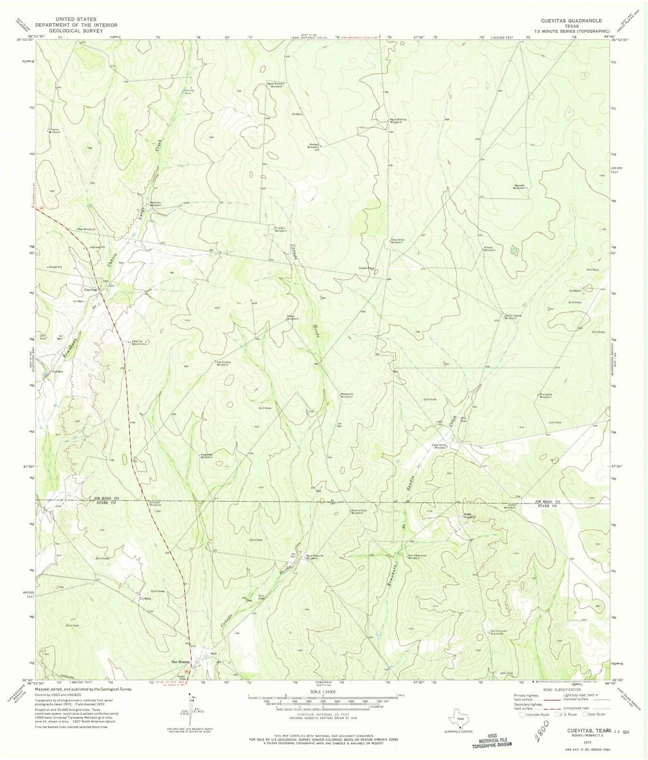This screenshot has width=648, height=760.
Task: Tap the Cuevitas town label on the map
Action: point(91,289)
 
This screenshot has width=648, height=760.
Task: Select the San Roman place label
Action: point(180,662)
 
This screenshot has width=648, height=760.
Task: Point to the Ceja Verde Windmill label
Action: point(439,446)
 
